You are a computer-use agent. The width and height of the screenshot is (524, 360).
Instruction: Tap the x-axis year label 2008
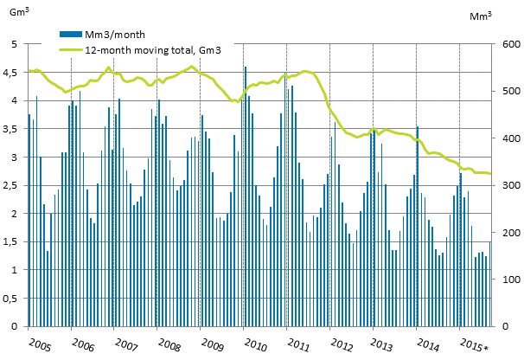(x=169, y=344)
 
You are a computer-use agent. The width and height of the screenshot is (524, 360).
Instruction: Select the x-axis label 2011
(x=298, y=344)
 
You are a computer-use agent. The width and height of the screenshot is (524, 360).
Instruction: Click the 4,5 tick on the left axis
(x=13, y=74)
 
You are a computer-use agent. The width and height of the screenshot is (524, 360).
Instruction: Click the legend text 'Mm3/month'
(x=109, y=35)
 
